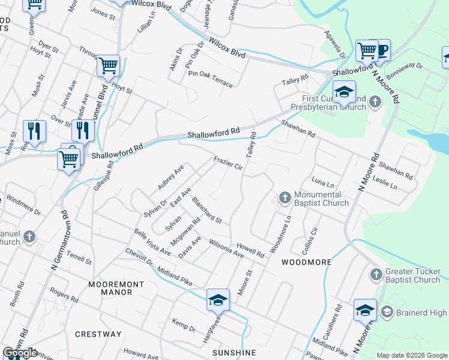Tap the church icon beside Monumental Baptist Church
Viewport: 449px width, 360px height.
(x=285, y=197)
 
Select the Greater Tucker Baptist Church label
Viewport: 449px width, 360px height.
(x=413, y=275)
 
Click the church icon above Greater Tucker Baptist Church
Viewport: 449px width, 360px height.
(x=376, y=274)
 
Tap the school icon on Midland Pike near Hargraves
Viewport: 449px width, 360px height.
(x=218, y=300)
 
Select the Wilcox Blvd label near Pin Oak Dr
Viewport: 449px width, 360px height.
(x=227, y=46)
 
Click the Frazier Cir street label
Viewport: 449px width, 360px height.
(x=228, y=163)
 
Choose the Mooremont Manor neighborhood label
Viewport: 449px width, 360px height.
(x=116, y=288)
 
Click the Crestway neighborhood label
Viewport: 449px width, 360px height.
(x=98, y=334)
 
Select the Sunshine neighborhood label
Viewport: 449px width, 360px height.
(x=234, y=352)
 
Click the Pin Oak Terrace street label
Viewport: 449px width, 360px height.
(x=210, y=79)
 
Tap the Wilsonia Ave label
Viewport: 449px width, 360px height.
(x=226, y=248)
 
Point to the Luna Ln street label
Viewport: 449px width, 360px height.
(x=323, y=181)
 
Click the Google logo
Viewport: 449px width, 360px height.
(x=20, y=353)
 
